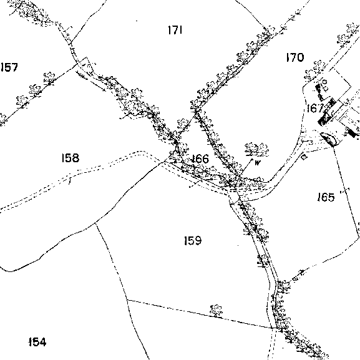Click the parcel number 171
coord(175,30)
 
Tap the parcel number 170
coord(295,57)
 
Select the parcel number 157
coord(9,67)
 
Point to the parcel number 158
coord(71,158)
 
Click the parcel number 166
coord(200,159)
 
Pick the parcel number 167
coord(315,108)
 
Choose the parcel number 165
coord(326,197)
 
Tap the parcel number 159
coord(193,240)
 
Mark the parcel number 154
coord(37,342)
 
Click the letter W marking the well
coord(258,163)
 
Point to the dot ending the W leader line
coord(252,159)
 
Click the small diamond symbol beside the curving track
coord(304,157)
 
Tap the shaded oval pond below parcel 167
coord(328,139)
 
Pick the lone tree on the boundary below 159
coord(216,311)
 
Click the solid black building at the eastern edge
coord(353,133)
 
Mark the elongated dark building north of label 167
coord(319,92)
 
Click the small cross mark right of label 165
coord(344,190)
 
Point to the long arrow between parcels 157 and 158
coord(91,82)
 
